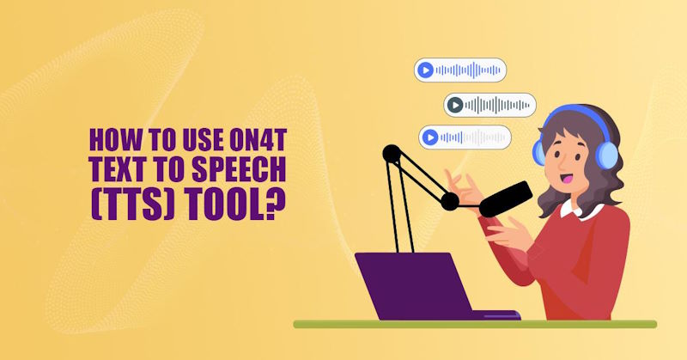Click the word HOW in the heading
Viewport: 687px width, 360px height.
(x=111, y=137)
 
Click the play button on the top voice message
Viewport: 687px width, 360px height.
(x=424, y=70)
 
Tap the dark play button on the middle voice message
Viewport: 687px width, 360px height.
(x=454, y=105)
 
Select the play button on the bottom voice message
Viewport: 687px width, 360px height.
(x=429, y=137)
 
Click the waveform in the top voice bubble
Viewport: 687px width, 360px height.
(x=468, y=70)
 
